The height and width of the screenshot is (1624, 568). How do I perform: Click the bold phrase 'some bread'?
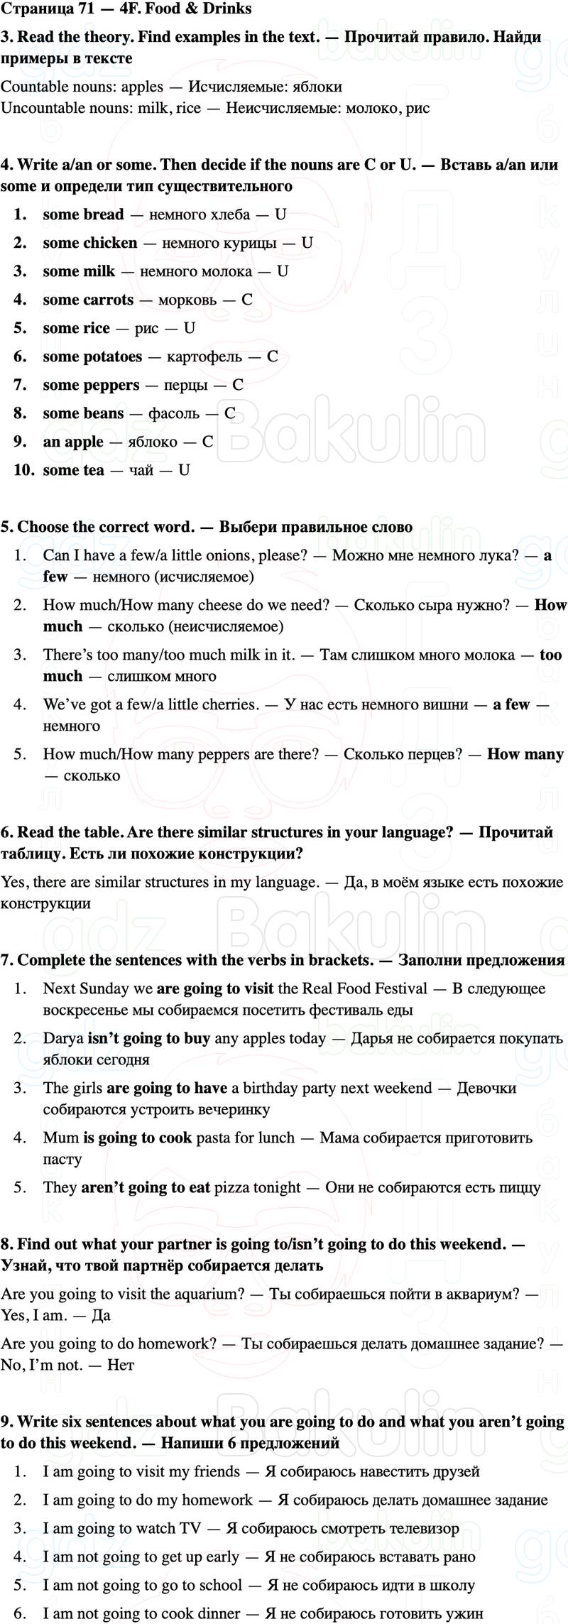tap(83, 214)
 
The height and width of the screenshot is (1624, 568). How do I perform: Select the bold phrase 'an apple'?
tap(73, 442)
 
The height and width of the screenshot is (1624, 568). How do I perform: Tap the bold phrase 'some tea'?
tap(73, 470)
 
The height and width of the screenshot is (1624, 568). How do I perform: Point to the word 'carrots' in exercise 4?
tap(109, 300)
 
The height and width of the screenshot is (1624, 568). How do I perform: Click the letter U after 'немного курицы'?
tap(307, 243)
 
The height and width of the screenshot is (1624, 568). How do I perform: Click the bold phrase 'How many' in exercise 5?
tap(525, 754)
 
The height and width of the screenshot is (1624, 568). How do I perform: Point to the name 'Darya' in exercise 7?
tap(63, 1038)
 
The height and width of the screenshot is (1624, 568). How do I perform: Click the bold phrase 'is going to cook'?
tap(137, 1138)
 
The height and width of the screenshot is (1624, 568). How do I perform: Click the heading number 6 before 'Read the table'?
tap(6, 832)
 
